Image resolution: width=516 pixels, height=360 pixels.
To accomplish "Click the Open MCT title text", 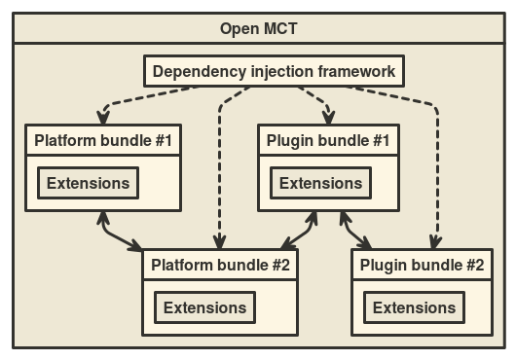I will coord(258,27).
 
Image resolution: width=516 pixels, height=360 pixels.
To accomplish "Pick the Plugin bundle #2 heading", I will coord(423,265).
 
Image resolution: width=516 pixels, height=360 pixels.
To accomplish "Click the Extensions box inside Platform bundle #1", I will coord(88,183).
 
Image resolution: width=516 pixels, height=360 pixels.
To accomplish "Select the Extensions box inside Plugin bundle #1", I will coord(320,183).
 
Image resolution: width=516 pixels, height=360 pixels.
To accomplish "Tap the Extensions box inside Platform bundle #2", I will coord(204,307).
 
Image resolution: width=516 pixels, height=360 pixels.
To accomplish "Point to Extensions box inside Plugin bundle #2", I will coord(415,307).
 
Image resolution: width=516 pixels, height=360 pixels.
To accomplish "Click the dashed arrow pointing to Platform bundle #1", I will coord(127,100).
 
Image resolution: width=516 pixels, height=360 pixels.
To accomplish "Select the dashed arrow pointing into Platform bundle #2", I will coord(221,165).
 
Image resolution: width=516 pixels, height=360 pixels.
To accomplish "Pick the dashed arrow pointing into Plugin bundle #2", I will coord(428,165).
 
